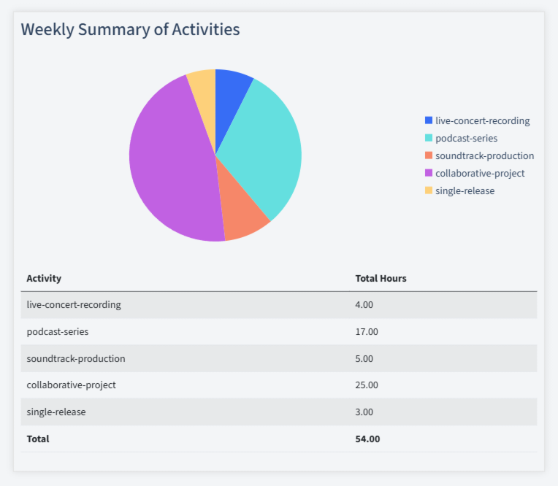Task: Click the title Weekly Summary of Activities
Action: [130, 30]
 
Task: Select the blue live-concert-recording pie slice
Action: [231, 95]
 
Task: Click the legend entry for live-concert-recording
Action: [482, 120]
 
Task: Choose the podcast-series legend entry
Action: [466, 138]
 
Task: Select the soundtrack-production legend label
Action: [484, 155]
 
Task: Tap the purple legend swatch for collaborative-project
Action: [429, 173]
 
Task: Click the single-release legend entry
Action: [465, 190]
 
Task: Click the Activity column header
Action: [44, 278]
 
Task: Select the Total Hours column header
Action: [381, 278]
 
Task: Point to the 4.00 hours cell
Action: [364, 304]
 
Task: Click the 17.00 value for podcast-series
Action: [367, 331]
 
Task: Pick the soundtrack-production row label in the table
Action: [75, 358]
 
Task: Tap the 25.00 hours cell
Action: [367, 385]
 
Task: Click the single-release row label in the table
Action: [56, 412]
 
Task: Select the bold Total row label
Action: [38, 439]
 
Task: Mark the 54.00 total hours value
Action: [367, 439]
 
